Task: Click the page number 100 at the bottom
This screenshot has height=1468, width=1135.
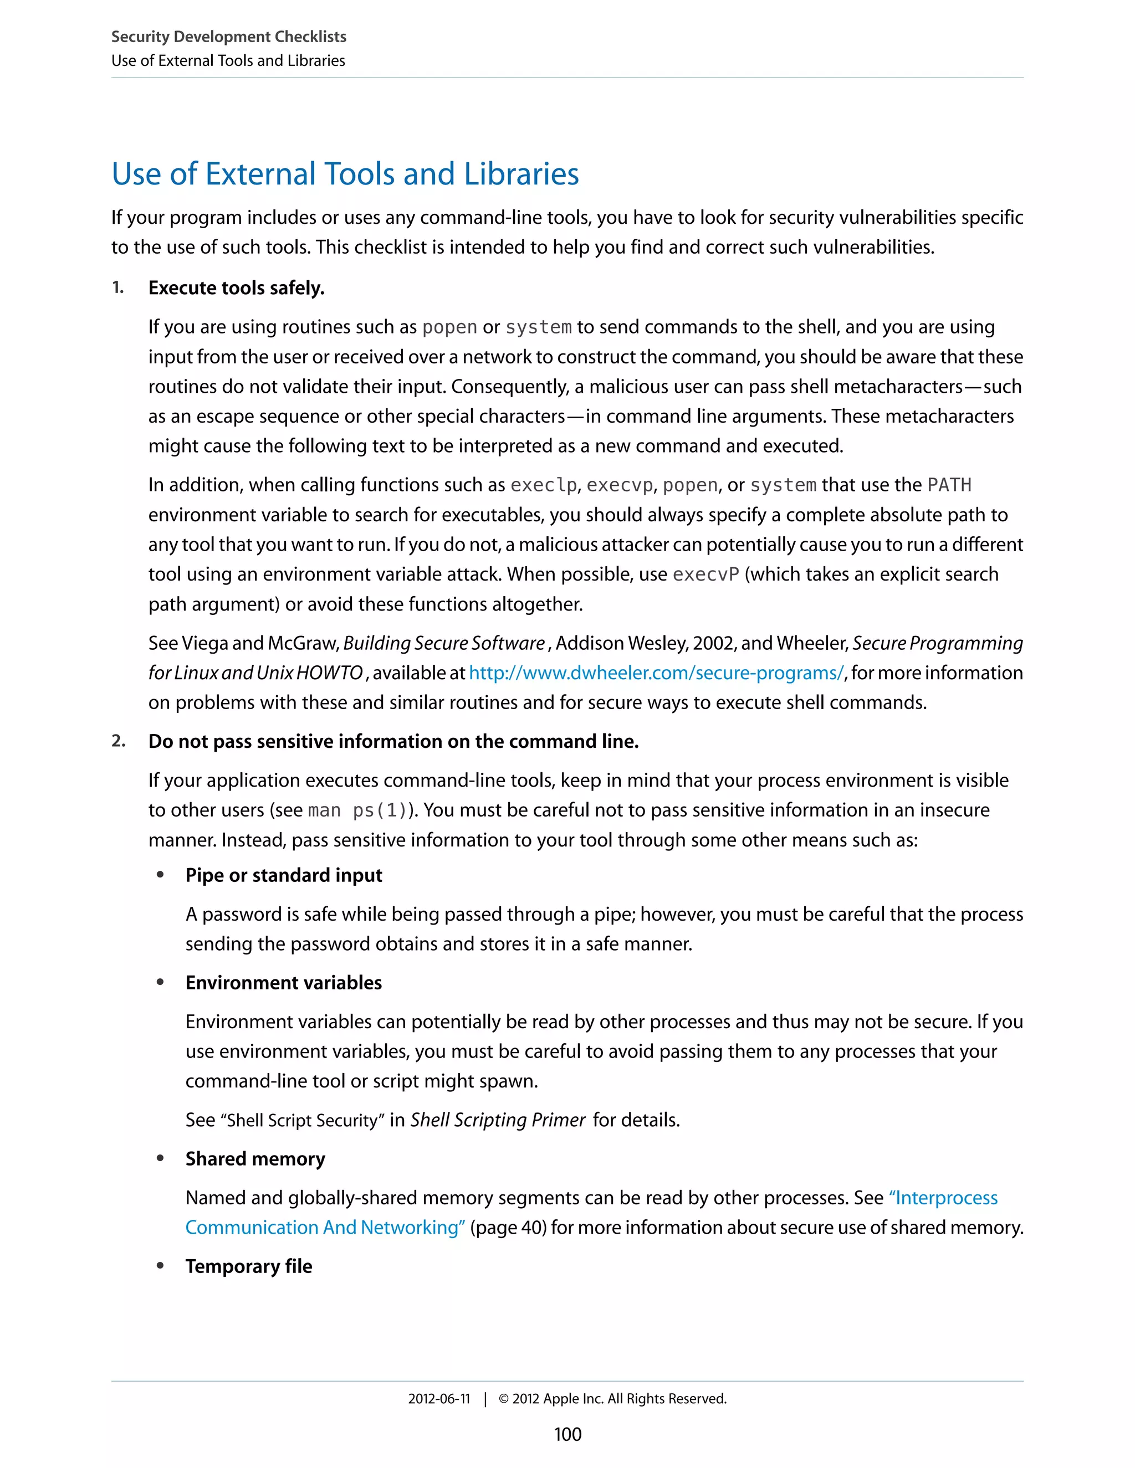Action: (567, 1434)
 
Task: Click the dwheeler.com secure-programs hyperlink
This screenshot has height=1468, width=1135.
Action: (656, 673)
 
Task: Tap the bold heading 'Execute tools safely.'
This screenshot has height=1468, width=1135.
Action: (236, 288)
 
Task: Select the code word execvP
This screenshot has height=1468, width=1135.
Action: (705, 574)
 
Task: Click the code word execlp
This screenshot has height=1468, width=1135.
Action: (543, 485)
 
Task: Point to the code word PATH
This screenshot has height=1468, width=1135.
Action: (949, 485)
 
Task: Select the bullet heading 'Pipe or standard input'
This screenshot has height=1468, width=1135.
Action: (283, 875)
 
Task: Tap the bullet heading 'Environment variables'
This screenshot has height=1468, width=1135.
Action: (283, 983)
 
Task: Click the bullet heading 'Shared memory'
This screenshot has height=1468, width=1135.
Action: (255, 1159)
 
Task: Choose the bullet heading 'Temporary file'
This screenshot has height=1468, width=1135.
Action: (249, 1266)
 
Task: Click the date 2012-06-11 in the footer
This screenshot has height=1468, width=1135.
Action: (438, 1399)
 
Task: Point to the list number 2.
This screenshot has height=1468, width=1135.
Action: (119, 741)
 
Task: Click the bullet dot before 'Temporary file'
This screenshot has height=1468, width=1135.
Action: (160, 1266)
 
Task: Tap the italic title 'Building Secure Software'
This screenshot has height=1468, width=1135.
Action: (444, 643)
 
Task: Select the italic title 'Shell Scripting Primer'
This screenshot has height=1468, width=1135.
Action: (498, 1120)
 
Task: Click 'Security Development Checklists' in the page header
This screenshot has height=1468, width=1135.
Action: (229, 37)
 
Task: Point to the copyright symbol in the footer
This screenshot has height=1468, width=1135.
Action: (504, 1399)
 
